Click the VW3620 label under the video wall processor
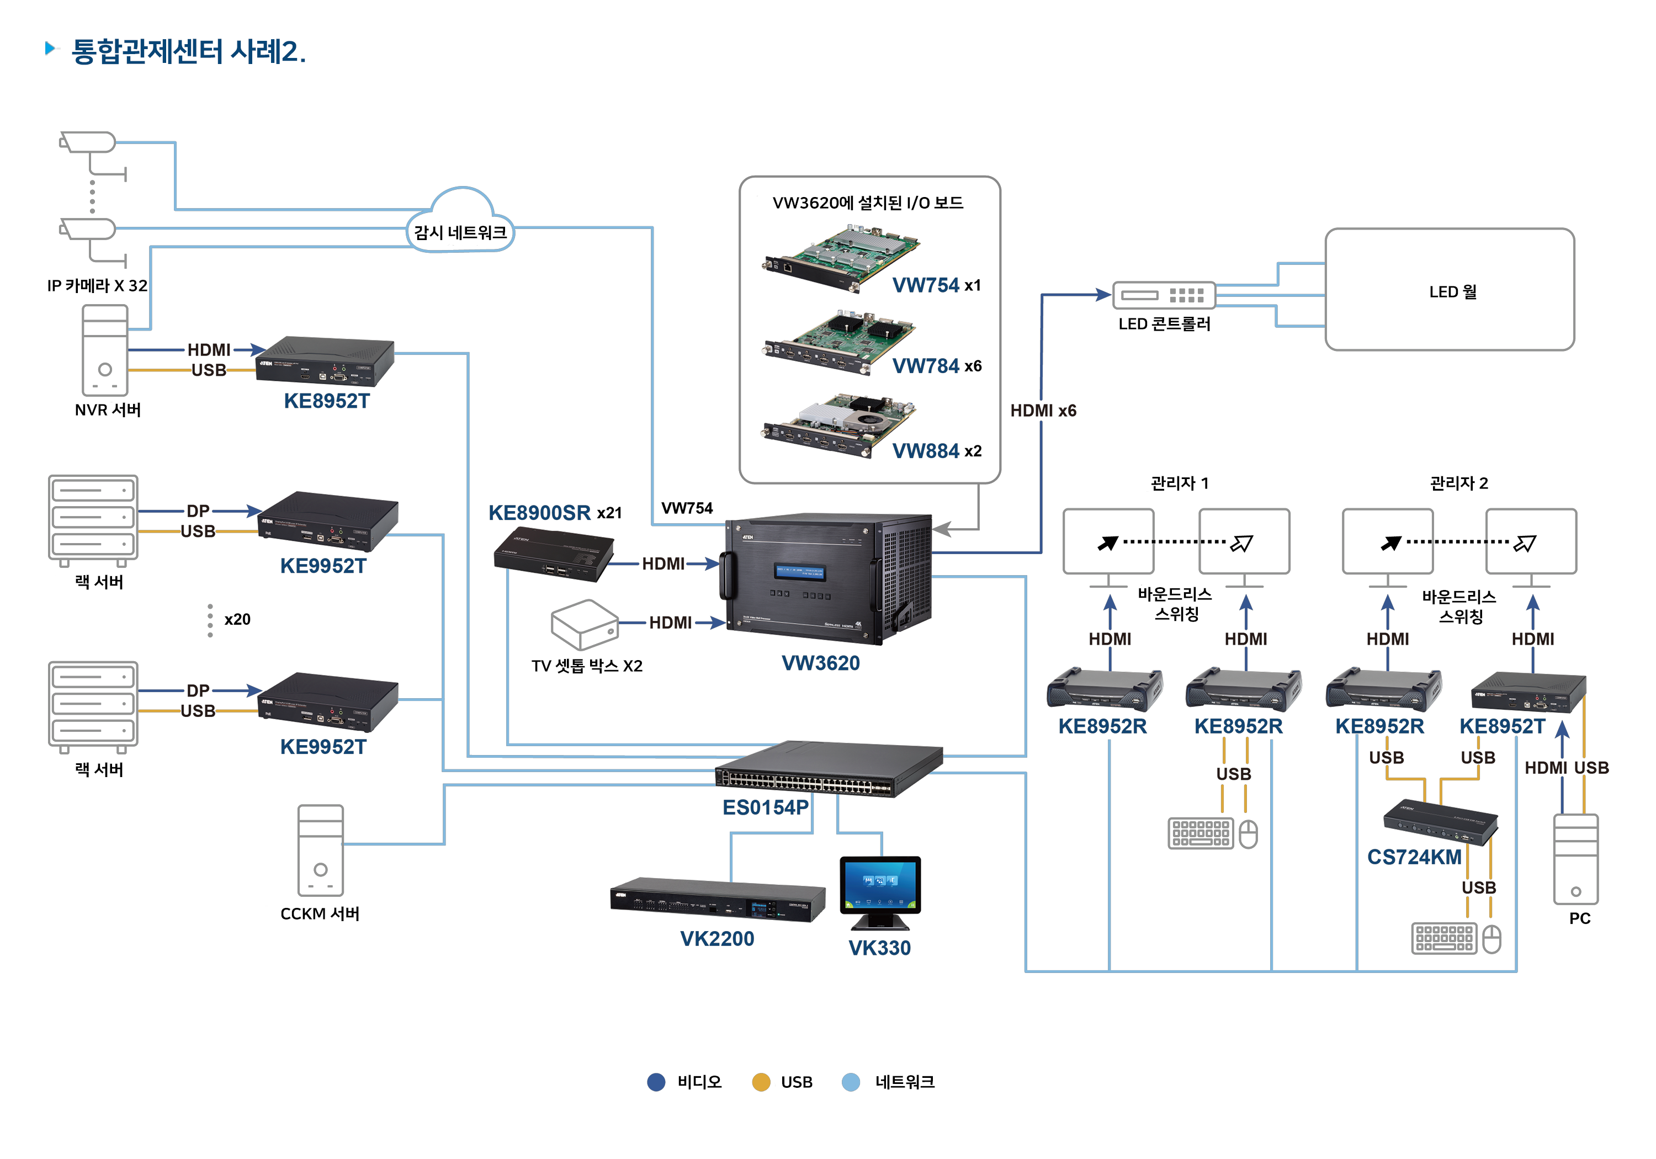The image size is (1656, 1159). tap(820, 663)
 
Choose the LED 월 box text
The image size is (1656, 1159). tap(1452, 291)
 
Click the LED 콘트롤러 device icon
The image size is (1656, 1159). tap(1164, 295)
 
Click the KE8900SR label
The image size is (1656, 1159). tap(539, 513)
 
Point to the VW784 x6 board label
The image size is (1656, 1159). tap(936, 366)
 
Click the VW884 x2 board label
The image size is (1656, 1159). tap(936, 451)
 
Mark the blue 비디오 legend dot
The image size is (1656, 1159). tap(656, 1082)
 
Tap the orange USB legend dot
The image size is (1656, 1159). tap(760, 1082)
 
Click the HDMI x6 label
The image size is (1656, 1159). tap(1043, 411)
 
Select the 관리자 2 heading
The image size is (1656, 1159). tap(1458, 483)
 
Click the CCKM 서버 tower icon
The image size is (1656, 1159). tap(320, 850)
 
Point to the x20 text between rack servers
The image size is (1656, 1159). tap(237, 620)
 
